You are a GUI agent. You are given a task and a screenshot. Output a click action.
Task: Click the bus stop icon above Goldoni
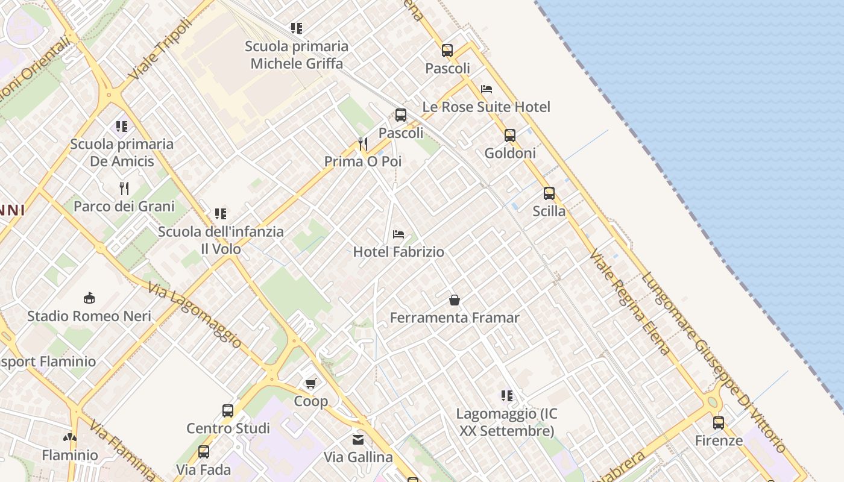coord(510,136)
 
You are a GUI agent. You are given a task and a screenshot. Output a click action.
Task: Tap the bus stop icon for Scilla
coord(549,193)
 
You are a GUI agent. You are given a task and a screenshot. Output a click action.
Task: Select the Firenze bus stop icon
coord(719,423)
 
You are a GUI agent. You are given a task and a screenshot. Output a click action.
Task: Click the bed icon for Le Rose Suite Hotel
coord(487,89)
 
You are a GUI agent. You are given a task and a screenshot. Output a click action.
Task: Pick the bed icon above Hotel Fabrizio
coord(398,234)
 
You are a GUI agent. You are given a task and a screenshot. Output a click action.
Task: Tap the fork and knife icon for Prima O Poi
coord(363,144)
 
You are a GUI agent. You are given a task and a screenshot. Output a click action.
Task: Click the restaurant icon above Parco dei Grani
coord(124,189)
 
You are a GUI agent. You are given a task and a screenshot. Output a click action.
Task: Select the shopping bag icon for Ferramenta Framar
coord(455,300)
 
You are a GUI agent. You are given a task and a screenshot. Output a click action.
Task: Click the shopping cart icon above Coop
coord(311,383)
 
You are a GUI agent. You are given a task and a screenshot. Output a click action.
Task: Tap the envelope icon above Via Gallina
coord(359,440)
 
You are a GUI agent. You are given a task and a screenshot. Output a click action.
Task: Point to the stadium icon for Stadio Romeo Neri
coord(89,298)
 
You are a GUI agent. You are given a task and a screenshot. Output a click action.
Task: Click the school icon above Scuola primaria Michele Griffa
coord(297,28)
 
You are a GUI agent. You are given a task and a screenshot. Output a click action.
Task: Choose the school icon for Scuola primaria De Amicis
coord(122,127)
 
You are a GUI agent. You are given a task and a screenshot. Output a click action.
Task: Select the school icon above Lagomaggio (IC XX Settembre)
coord(507,396)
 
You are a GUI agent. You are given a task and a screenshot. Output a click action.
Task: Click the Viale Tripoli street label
coord(160,49)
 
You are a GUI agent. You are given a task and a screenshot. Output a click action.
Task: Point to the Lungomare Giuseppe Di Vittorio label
coord(714,363)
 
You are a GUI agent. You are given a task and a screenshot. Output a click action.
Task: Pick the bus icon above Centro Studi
coord(228,411)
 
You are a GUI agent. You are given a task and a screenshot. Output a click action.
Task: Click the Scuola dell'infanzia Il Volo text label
coord(221,240)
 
